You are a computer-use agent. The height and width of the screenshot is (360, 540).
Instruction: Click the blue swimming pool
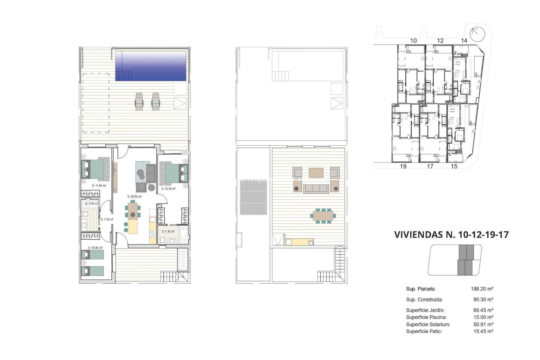click(151, 66)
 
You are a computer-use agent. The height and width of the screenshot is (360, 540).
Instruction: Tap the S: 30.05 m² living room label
click(134, 197)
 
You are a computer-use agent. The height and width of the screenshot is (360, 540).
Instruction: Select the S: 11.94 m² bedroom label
click(99, 186)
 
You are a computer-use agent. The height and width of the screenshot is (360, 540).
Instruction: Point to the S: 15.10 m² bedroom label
click(168, 189)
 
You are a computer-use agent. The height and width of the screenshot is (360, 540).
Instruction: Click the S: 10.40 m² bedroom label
click(95, 248)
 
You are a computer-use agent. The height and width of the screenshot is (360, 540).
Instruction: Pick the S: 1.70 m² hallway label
click(107, 219)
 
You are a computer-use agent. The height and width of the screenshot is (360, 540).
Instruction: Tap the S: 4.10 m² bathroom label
click(168, 231)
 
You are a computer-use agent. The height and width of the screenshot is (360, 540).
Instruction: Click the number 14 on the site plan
click(464, 41)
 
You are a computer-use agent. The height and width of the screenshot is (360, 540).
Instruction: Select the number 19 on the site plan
click(403, 166)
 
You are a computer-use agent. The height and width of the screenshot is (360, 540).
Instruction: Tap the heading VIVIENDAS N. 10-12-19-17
click(451, 235)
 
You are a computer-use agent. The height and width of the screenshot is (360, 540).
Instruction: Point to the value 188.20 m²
click(482, 289)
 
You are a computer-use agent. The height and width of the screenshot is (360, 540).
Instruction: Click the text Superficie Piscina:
click(426, 317)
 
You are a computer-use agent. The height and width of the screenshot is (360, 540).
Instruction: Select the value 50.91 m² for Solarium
click(483, 324)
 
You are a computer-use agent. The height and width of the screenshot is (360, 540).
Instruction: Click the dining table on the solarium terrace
click(323, 216)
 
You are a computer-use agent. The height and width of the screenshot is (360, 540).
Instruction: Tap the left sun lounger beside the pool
click(139, 102)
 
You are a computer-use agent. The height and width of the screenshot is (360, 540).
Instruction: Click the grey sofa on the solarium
click(316, 188)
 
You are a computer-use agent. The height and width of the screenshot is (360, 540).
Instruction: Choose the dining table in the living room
click(133, 211)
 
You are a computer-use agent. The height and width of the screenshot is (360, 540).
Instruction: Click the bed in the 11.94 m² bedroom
click(95, 170)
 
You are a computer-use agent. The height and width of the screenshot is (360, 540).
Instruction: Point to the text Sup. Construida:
click(424, 300)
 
